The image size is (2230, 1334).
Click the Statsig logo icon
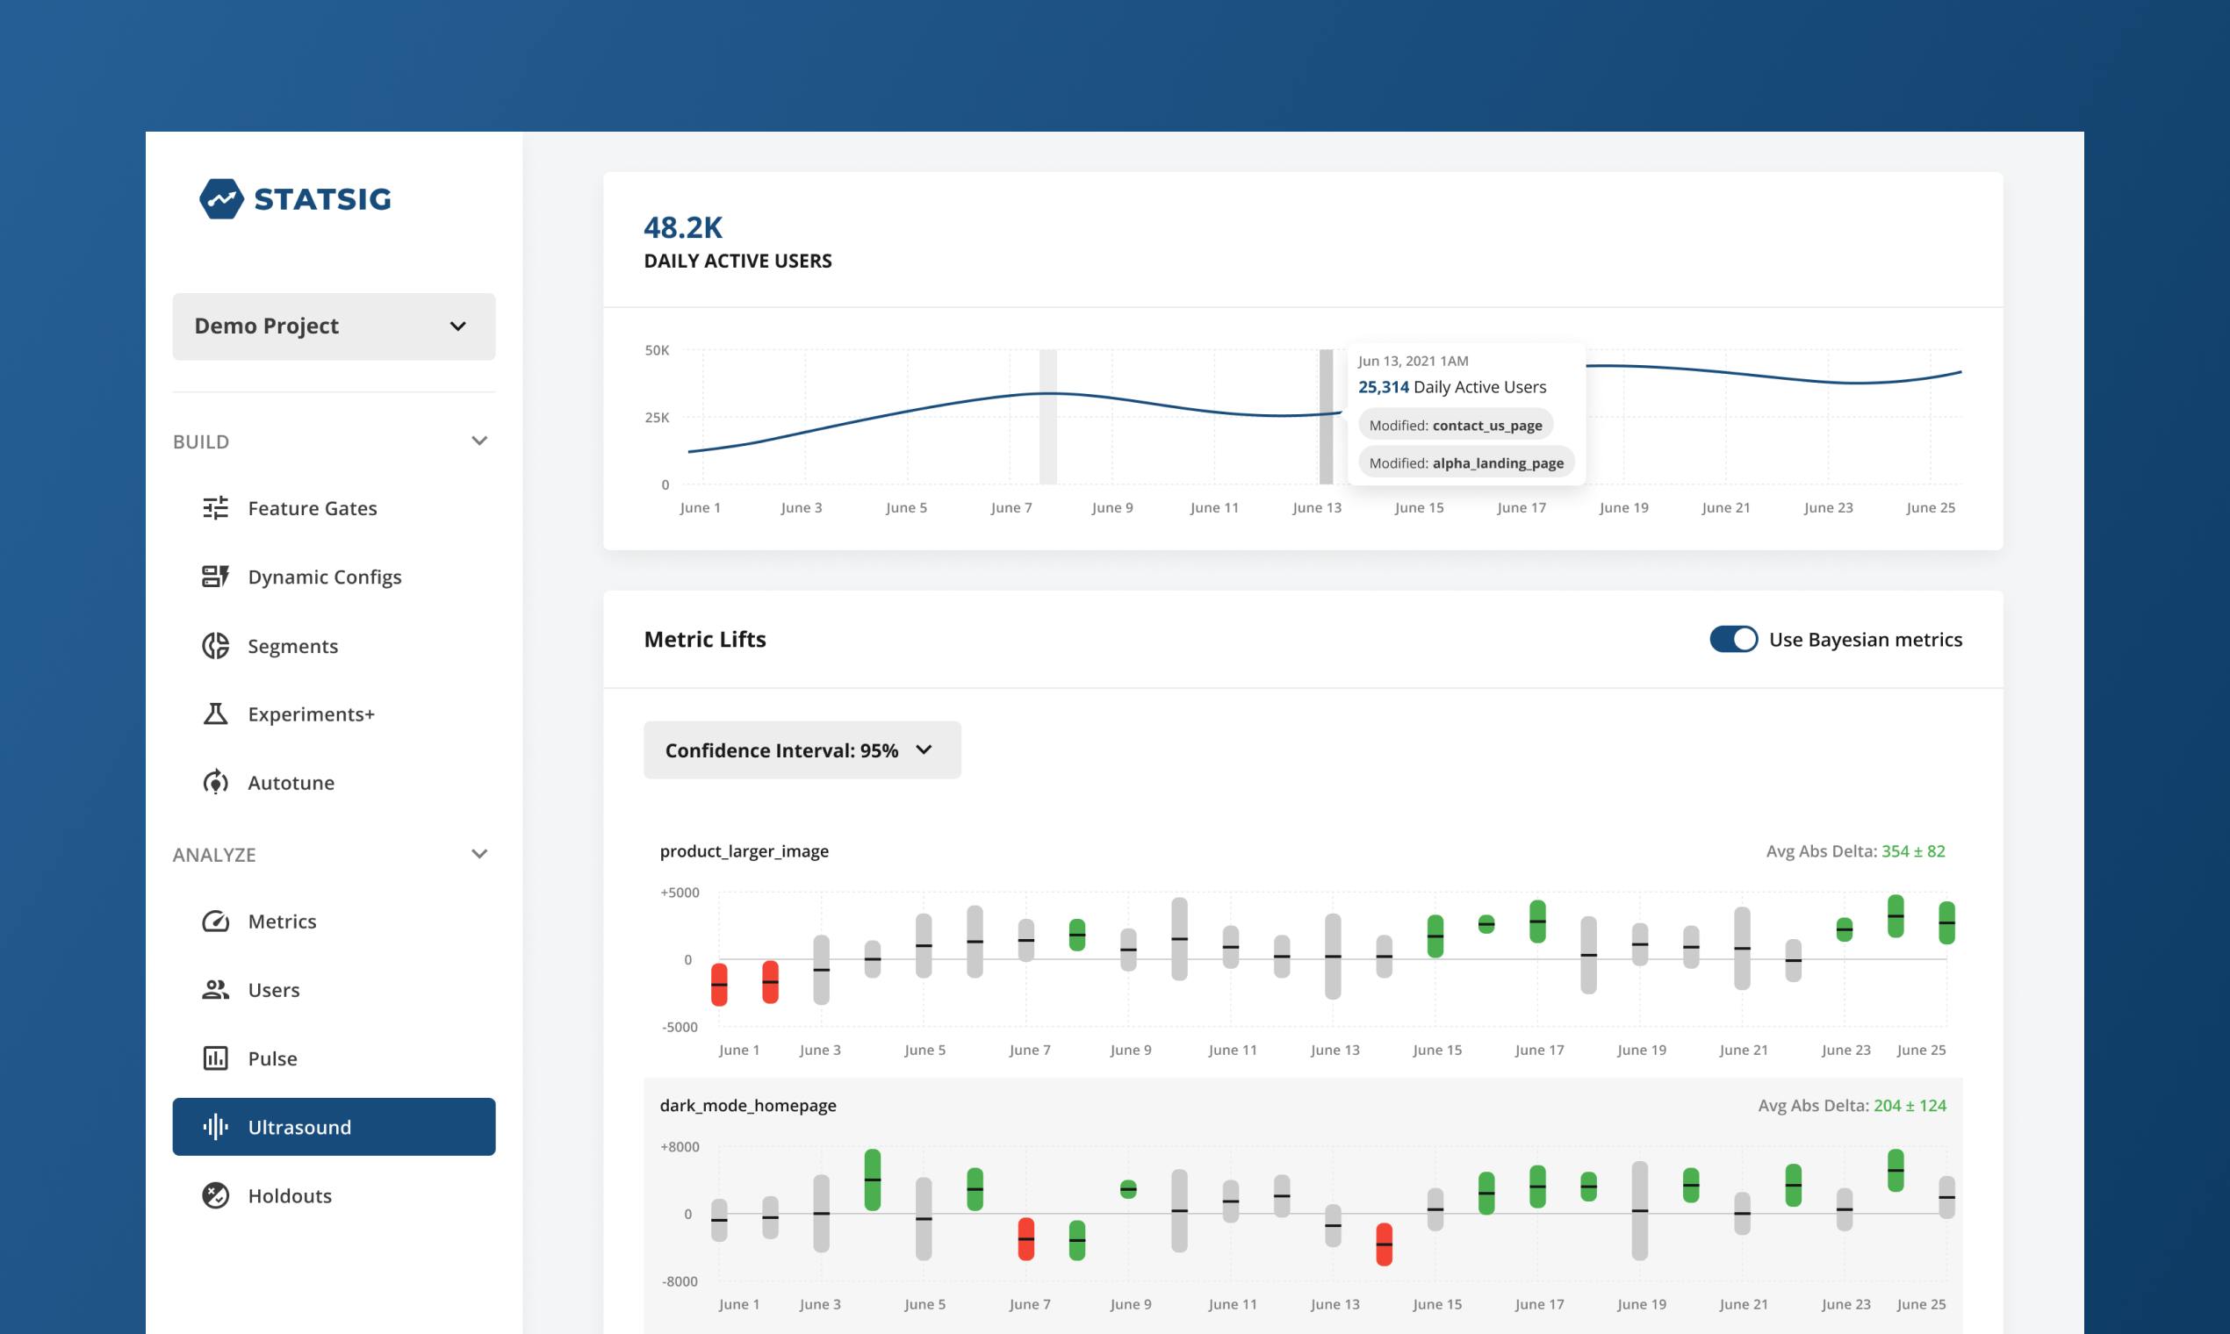pos(221,198)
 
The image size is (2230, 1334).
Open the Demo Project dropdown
pos(334,326)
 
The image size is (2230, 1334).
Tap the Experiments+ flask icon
pos(216,714)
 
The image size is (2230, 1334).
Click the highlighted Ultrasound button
pos(334,1126)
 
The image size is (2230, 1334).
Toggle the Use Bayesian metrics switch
pos(1733,639)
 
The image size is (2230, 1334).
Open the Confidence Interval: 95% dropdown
pos(802,749)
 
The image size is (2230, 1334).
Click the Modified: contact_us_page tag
pos(1455,425)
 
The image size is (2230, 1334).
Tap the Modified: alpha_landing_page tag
pos(1465,463)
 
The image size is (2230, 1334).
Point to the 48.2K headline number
pos(683,227)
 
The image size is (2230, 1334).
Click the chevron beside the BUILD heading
pos(479,441)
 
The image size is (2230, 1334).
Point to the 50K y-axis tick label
pos(658,350)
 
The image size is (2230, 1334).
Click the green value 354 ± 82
pos(1912,851)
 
